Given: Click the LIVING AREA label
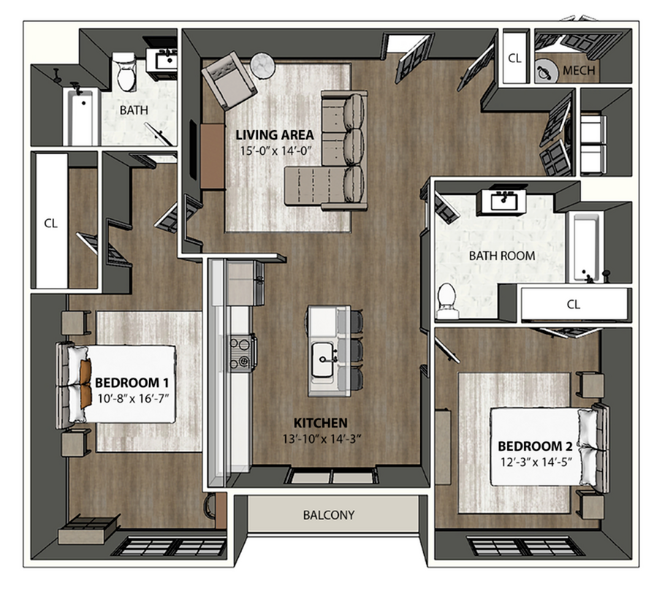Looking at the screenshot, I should click(274, 134).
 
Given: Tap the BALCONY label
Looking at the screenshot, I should click(328, 515).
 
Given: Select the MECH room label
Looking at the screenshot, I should click(580, 71).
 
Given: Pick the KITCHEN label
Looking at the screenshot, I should click(320, 423).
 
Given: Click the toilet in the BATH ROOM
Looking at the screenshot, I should click(446, 300).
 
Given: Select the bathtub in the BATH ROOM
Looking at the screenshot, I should click(585, 247).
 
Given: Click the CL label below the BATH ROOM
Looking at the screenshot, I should click(573, 305).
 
